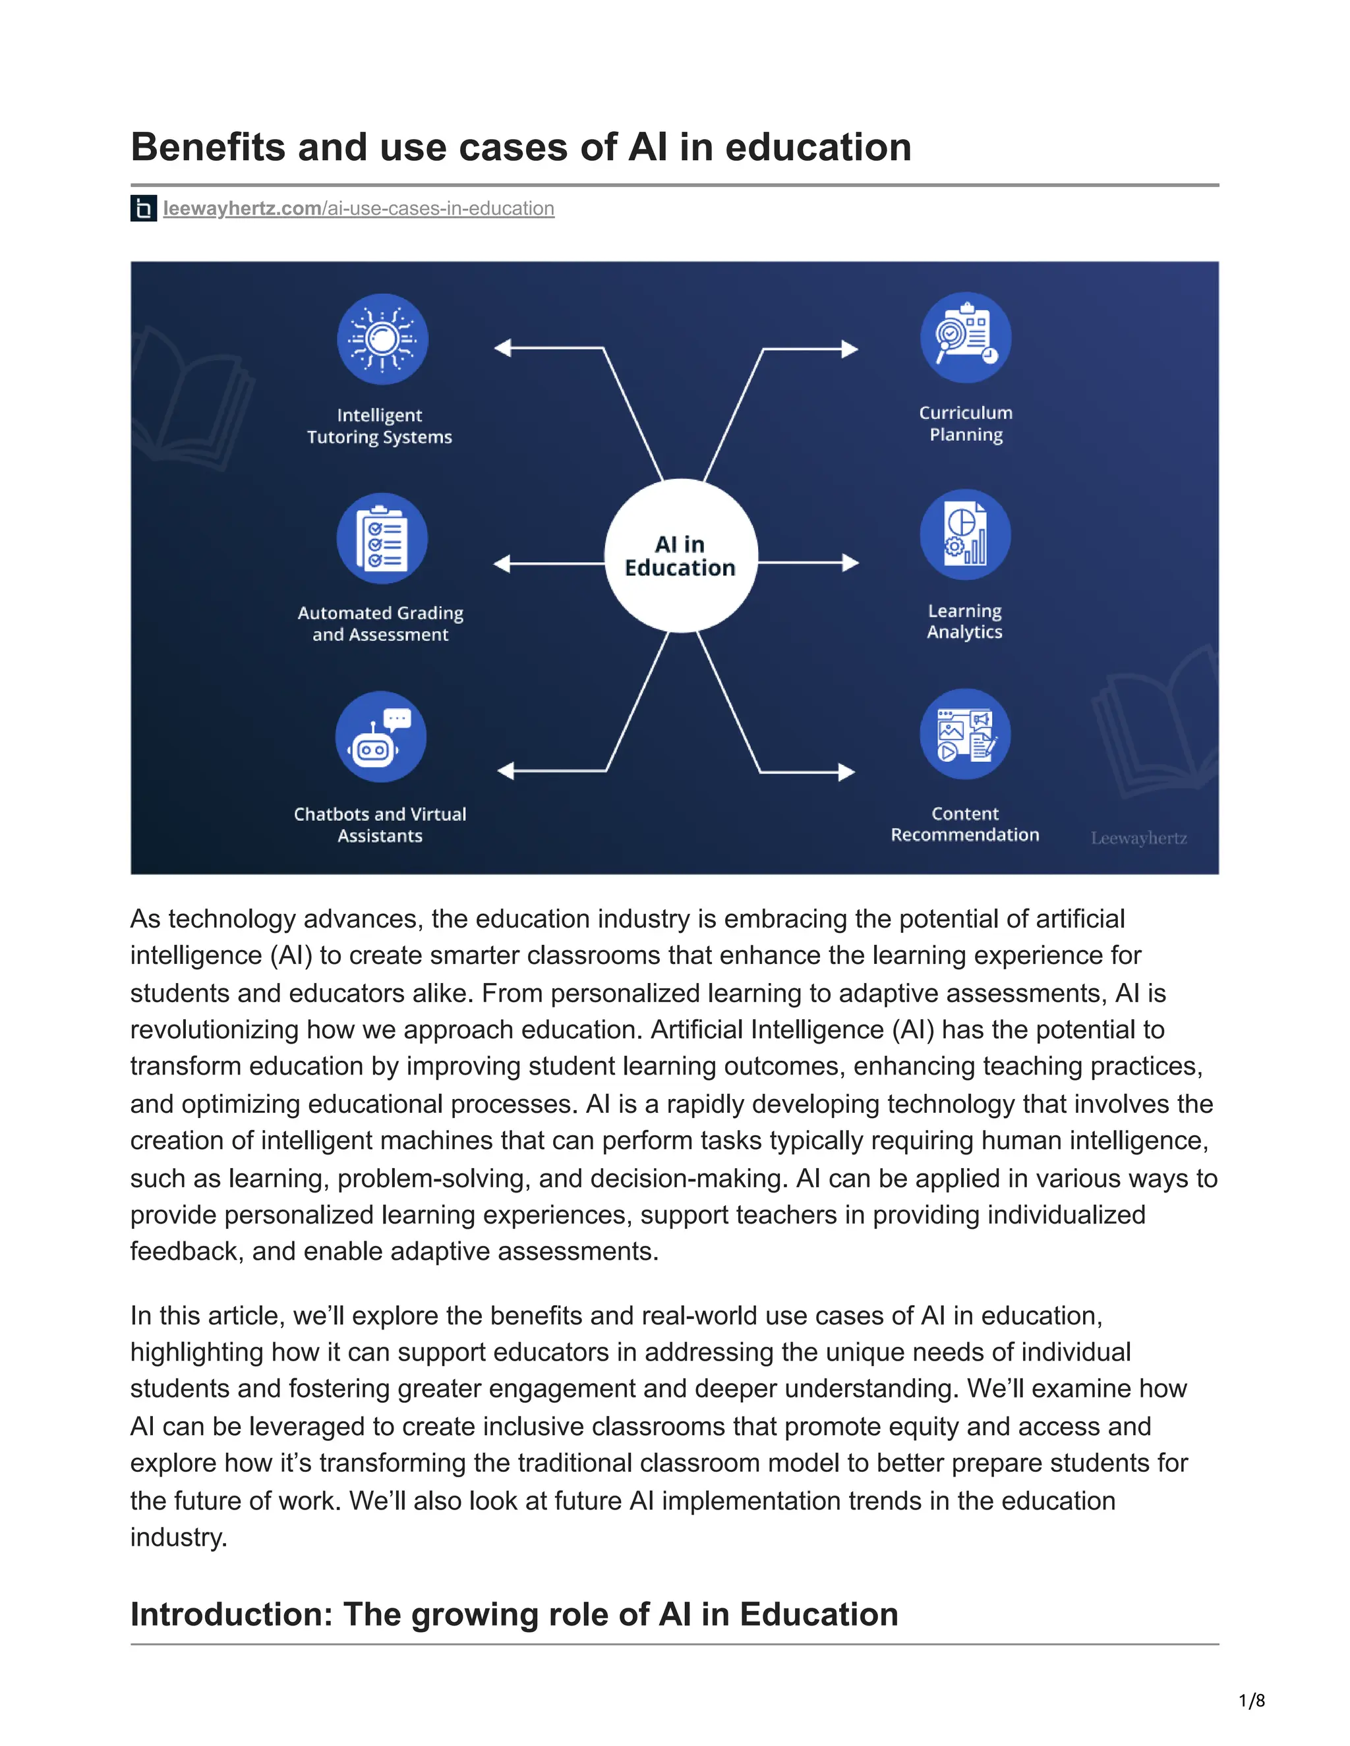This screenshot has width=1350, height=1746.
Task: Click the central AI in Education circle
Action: click(680, 555)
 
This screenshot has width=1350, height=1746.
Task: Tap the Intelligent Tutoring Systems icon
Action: click(382, 339)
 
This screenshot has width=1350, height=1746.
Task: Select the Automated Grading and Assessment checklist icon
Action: click(382, 538)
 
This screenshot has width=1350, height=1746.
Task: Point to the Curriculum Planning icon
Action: click(965, 337)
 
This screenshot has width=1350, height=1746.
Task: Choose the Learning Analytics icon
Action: click(964, 535)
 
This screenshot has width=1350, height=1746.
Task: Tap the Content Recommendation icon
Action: click(964, 734)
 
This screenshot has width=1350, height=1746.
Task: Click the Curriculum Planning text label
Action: click(965, 424)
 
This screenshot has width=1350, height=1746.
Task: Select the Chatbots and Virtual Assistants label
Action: click(380, 824)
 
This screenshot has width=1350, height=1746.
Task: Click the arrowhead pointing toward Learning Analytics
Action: click(851, 563)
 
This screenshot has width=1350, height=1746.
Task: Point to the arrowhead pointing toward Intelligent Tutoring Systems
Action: click(502, 348)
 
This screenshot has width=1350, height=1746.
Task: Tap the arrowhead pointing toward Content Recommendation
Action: click(847, 772)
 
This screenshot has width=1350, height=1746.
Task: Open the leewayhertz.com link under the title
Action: click(359, 209)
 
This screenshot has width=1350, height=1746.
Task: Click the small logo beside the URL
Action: click(143, 209)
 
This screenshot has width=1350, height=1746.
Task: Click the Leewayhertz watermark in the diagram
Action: click(1138, 838)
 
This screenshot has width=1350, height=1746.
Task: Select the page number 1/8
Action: click(1252, 1700)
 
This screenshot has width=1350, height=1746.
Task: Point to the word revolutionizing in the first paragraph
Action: click(215, 1030)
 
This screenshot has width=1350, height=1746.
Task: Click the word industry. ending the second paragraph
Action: click(179, 1536)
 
